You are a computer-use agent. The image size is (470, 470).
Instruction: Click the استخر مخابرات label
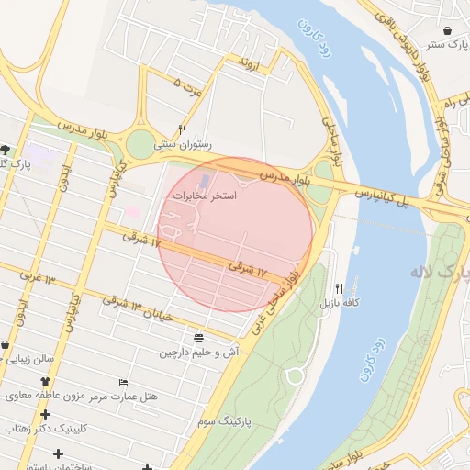(204, 196)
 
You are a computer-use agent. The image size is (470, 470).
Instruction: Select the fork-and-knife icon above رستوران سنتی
(183, 129)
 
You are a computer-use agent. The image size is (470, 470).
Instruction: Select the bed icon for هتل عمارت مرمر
(124, 382)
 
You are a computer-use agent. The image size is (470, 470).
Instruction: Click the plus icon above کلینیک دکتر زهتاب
(45, 415)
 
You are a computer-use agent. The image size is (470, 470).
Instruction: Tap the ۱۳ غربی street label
(37, 276)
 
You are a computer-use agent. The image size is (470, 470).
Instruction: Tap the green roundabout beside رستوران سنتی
(141, 144)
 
